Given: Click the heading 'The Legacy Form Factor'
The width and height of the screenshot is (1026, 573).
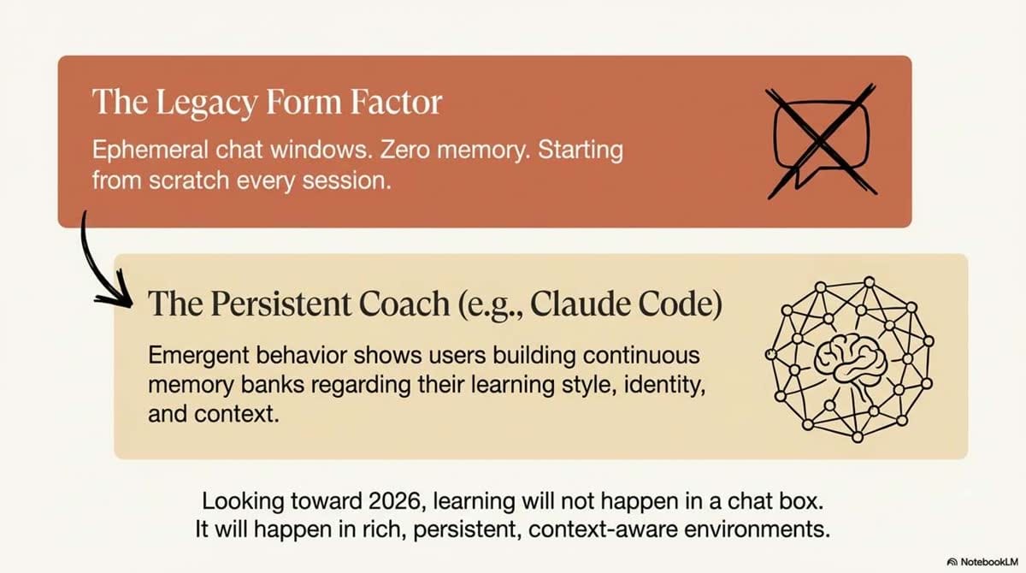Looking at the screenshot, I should point(266,103).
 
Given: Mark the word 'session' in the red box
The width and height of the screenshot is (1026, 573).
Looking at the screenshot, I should point(358,181).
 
